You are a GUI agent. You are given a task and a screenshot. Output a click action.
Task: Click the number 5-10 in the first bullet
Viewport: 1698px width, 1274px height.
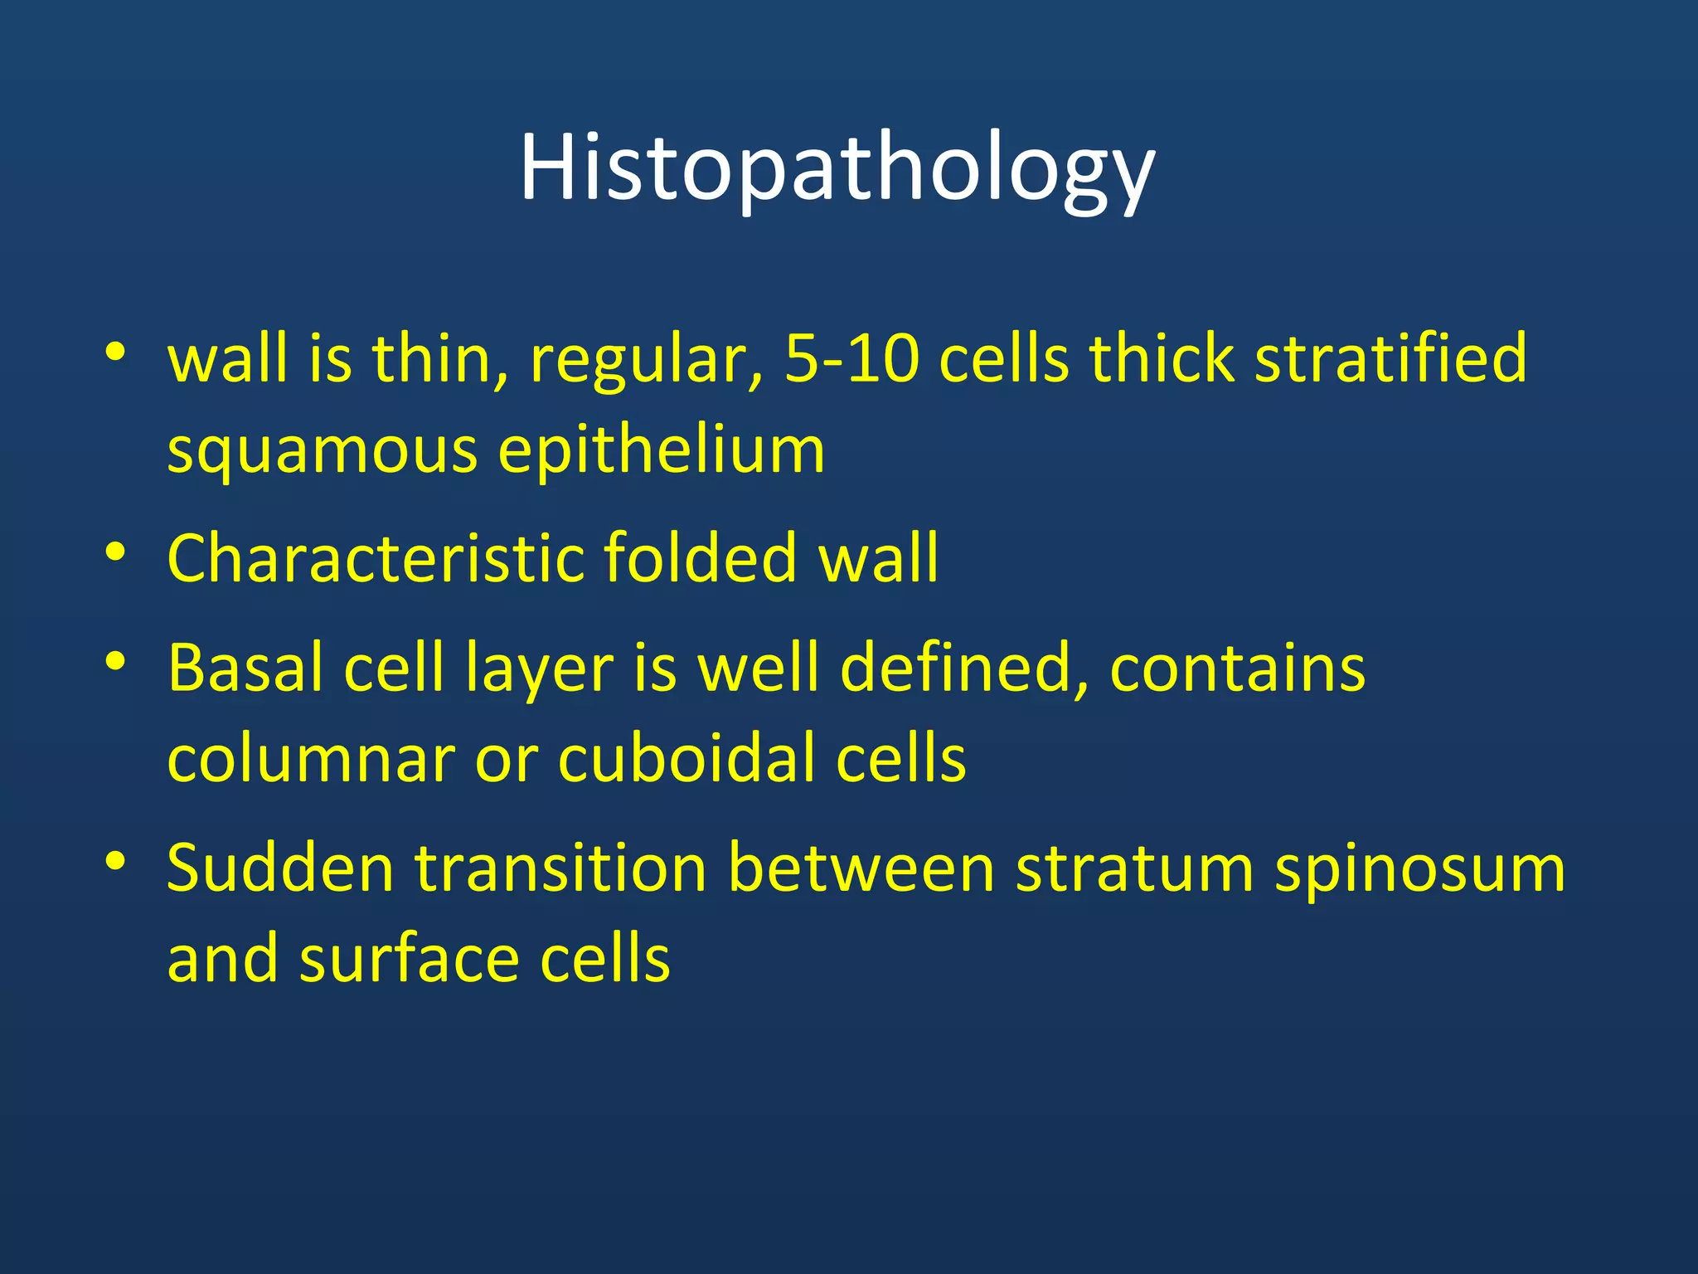[851, 359]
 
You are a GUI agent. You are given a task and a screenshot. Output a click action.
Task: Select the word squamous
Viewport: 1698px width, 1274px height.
[322, 452]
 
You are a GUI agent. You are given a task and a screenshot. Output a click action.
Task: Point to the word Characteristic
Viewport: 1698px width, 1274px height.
[375, 557]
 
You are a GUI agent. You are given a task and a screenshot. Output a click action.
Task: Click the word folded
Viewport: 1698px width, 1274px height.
[701, 557]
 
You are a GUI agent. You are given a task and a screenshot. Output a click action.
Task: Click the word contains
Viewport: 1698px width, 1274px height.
[1237, 668]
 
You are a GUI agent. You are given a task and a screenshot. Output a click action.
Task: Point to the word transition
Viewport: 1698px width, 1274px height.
[560, 868]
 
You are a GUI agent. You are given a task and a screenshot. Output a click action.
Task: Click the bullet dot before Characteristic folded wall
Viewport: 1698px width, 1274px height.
[115, 552]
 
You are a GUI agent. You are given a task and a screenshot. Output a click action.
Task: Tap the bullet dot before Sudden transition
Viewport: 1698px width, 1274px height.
[115, 862]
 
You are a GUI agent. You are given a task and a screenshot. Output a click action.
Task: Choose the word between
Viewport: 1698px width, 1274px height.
[861, 868]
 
